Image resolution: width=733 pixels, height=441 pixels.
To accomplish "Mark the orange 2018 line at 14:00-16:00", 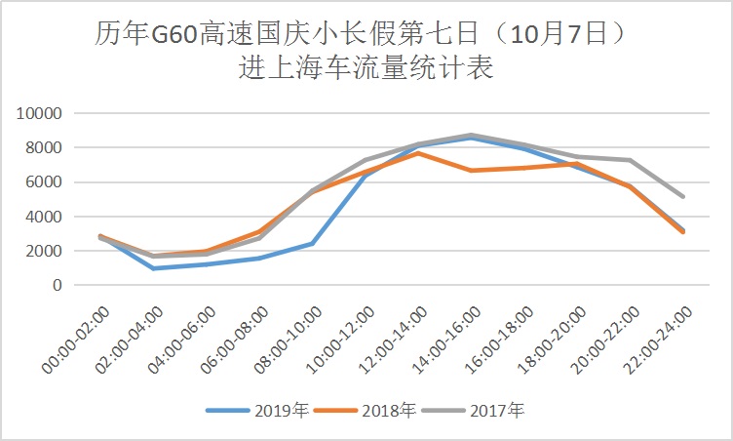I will tap(472, 170).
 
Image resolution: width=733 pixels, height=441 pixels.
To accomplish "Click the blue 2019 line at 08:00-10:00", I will tap(313, 243).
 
